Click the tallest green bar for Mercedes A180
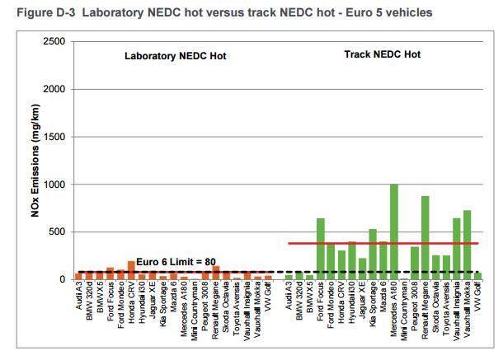(393, 231)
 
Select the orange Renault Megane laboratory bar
(216, 273)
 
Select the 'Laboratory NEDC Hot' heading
(175, 56)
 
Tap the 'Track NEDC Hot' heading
(382, 54)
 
